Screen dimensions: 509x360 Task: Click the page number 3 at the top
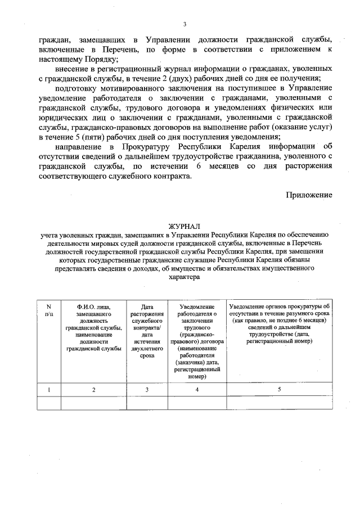pos(184,24)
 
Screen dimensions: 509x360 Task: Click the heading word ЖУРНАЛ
pos(184,226)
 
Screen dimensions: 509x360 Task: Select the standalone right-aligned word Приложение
pos(309,195)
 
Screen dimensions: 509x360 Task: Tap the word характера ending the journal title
pos(184,277)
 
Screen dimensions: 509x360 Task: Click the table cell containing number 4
pos(197,389)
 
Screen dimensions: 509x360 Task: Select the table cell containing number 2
pos(94,389)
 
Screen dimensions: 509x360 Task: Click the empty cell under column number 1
pos(48,403)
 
